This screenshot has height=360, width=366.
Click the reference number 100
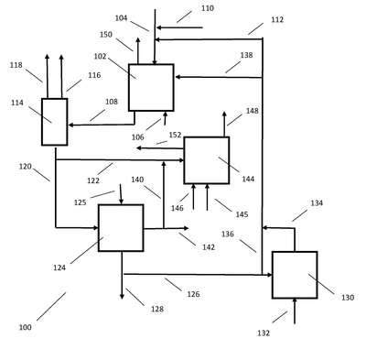tap(26, 328)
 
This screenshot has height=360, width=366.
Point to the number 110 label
tap(208, 8)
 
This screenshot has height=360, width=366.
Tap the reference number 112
tap(277, 19)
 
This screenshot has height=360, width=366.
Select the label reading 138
tap(246, 55)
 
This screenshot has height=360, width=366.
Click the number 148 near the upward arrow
tap(253, 111)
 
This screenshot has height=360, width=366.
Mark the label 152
tap(175, 135)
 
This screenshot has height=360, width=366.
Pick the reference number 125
tap(81, 202)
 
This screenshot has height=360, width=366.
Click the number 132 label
tap(264, 333)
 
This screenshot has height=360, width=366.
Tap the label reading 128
tap(157, 310)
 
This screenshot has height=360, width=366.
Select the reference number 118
tap(16, 65)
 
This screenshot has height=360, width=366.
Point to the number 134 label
tap(317, 203)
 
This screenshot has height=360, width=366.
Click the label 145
tap(242, 214)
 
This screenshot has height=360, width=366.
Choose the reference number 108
tap(112, 102)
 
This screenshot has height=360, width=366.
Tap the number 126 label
tap(193, 294)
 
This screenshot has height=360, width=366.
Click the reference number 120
tap(26, 167)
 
